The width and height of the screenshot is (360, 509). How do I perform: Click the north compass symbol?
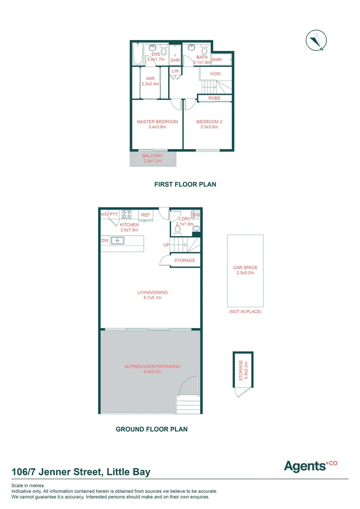point(315,40)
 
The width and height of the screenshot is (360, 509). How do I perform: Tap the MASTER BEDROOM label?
point(157,122)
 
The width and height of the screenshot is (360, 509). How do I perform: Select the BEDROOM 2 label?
point(209,122)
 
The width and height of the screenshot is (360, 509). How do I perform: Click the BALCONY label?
point(153,156)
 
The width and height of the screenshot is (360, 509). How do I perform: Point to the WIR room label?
point(150,79)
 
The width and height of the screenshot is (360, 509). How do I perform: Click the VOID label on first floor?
point(215,74)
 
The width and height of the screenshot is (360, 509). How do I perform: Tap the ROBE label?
point(214,98)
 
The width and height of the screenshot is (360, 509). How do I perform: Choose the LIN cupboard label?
point(175,71)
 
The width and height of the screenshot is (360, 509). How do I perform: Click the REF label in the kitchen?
point(146,215)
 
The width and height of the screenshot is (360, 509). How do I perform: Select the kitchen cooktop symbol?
point(127,214)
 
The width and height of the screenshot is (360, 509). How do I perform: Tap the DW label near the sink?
point(105,240)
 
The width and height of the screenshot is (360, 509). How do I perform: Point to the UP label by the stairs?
point(166,245)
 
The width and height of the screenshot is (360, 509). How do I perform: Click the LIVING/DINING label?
point(152,292)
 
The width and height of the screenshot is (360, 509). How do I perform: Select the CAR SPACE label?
point(245,268)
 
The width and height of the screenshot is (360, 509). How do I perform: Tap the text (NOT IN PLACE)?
point(245,312)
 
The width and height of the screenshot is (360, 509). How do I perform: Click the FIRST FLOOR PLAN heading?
point(185,184)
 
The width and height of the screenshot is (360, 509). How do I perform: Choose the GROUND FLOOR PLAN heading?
point(152,429)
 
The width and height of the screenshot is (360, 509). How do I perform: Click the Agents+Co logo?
point(311,466)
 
